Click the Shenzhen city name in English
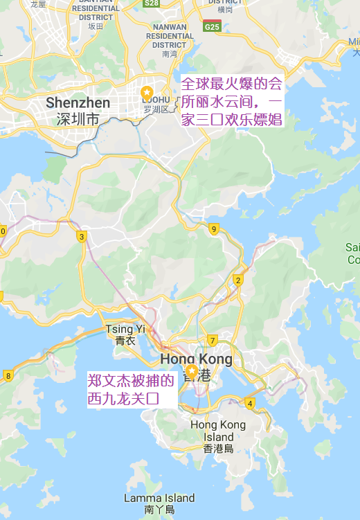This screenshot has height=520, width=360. [78, 103]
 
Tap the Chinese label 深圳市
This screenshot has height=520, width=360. [78, 119]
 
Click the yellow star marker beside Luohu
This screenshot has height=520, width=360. [147, 93]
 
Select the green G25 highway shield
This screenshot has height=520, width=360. [211, 26]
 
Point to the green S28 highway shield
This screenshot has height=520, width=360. [152, 3]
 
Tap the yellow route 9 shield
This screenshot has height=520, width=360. [214, 229]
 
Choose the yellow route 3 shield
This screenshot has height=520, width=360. [82, 237]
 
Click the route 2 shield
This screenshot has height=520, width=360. [238, 280]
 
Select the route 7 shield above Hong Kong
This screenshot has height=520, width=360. [213, 340]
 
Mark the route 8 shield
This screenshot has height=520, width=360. [8, 376]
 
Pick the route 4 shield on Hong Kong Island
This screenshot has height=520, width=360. [250, 403]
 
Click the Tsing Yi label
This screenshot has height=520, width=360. [125, 330]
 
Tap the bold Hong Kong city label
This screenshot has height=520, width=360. [196, 359]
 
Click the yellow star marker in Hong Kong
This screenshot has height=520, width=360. [191, 370]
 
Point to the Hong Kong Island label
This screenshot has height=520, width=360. [218, 431]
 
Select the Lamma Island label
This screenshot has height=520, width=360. [159, 498]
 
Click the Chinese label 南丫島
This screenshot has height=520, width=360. [159, 510]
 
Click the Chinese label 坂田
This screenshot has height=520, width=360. [96, 26]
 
